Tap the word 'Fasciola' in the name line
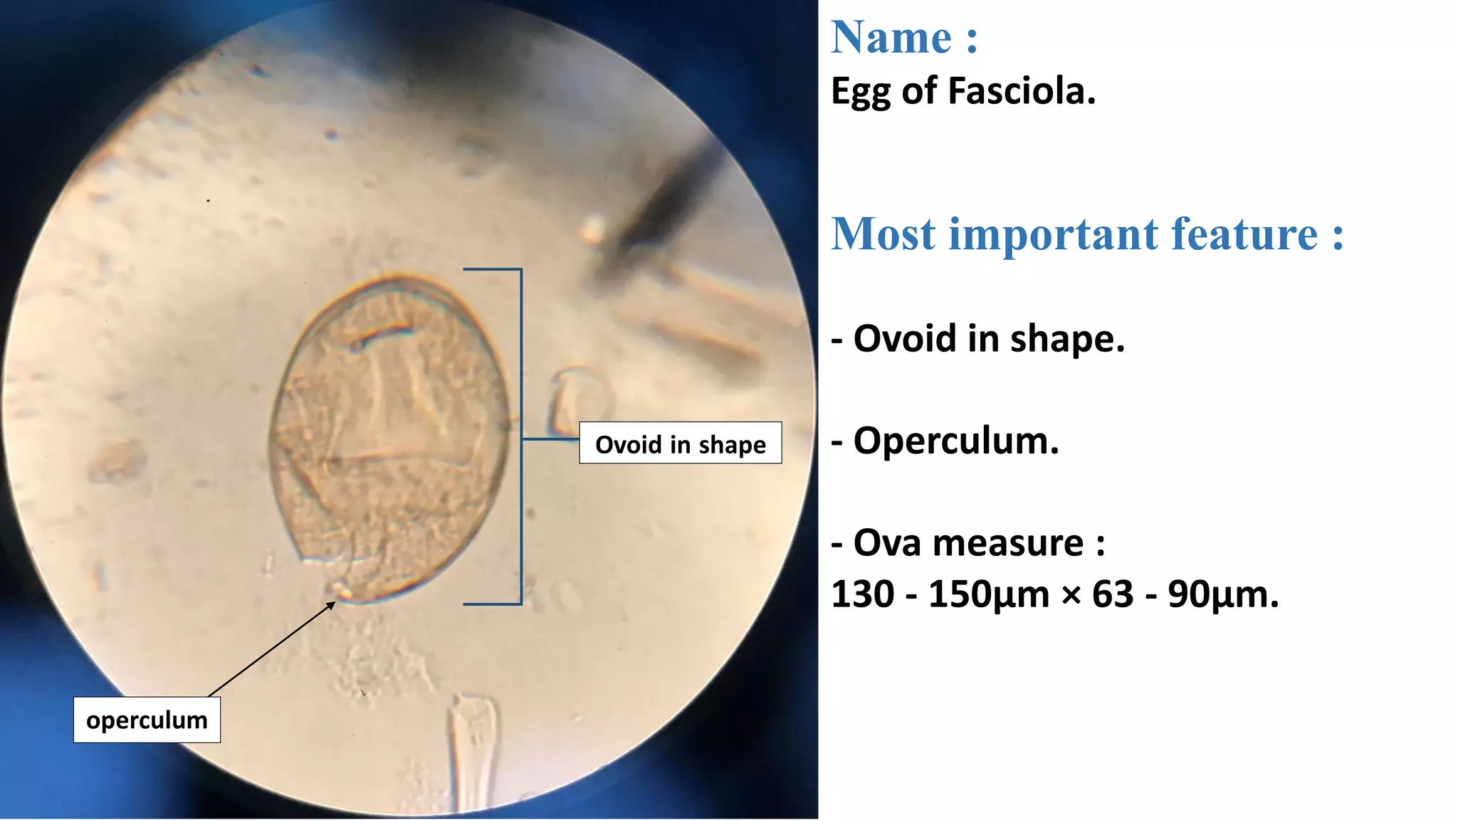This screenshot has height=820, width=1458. coord(1022,91)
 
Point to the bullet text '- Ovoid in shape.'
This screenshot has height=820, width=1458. coord(978,338)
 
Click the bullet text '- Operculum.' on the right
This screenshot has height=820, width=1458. coord(945,441)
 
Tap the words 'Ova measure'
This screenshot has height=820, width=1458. coord(968,543)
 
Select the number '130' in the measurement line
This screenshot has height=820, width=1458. coord(862,594)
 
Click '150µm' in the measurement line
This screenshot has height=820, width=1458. coord(988,594)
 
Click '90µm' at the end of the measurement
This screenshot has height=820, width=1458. coord(1222,594)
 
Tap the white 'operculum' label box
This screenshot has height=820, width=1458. coord(147,720)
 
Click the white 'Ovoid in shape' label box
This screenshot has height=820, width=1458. coord(680,443)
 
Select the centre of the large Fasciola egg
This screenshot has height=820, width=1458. coord(390,438)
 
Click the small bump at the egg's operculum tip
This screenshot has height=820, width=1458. coord(341,590)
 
